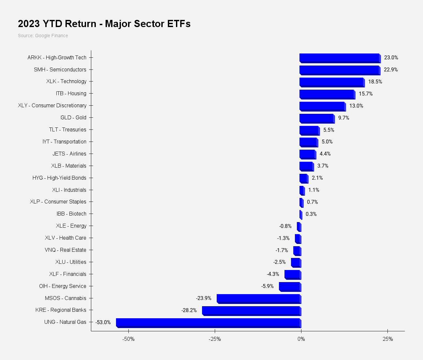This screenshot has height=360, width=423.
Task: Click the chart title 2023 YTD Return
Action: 104,24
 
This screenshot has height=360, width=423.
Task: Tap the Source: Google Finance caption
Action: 43,36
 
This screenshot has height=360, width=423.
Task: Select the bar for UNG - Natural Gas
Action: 208,322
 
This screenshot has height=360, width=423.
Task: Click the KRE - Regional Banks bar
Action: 251,310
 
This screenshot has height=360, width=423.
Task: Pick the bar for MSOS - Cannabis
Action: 258,298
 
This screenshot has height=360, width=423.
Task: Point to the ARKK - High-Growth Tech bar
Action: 339,58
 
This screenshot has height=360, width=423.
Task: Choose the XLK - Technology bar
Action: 331,82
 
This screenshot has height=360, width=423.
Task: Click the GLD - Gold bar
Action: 316,118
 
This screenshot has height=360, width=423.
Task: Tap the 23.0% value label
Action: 391,58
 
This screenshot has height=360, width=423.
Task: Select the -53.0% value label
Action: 103,322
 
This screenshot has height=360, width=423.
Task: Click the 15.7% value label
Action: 366,94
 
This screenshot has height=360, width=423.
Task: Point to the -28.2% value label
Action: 189,310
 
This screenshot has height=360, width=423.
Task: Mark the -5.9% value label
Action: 267,286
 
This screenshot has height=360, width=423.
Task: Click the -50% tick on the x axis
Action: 128,339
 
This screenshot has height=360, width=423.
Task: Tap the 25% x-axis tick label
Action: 387,339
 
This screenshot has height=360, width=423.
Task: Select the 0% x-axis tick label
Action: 301,339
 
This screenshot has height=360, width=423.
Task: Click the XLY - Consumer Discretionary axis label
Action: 52,105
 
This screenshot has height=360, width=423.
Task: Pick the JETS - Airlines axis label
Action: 69,154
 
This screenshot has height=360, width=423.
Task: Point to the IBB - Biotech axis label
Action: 71,214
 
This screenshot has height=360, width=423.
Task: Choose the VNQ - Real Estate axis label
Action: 66,250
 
